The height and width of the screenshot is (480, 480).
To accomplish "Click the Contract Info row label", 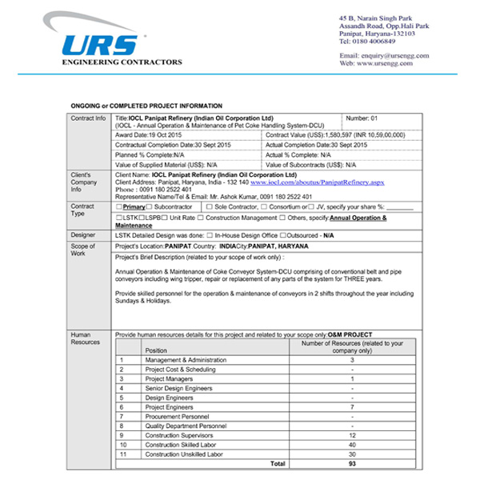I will click(88, 118).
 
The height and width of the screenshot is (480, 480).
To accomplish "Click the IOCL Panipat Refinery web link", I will click(317, 183).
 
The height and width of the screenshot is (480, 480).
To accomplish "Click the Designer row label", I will click(83, 235).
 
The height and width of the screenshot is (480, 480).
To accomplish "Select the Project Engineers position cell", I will click(169, 406).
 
